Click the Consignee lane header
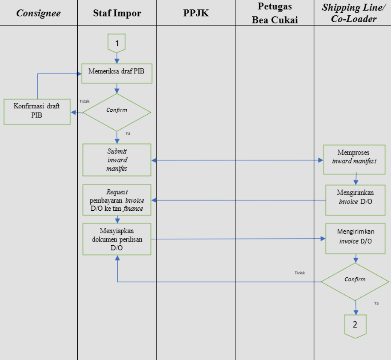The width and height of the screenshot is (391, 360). click(x=38, y=13)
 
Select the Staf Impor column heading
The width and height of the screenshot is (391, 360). click(x=117, y=13)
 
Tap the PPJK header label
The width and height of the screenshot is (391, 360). click(x=195, y=13)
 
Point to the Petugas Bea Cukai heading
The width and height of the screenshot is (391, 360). click(x=274, y=13)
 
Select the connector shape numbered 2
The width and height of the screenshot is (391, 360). click(x=355, y=325)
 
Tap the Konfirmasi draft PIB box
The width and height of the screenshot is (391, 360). click(x=37, y=112)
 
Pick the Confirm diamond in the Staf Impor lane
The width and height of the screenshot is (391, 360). click(x=117, y=112)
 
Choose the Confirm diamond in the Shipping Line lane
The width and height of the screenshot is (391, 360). click(x=355, y=281)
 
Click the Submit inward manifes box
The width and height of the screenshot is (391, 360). click(x=117, y=160)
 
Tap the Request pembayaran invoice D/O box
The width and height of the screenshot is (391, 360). click(x=117, y=200)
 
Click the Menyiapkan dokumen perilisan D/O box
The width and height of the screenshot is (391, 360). click(x=117, y=239)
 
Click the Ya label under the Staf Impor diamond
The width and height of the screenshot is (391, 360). click(x=127, y=134)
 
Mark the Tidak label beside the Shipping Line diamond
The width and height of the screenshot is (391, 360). click(x=300, y=273)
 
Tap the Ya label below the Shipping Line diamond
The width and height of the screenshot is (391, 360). click(x=376, y=303)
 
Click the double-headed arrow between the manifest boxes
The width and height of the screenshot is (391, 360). click(x=237, y=161)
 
